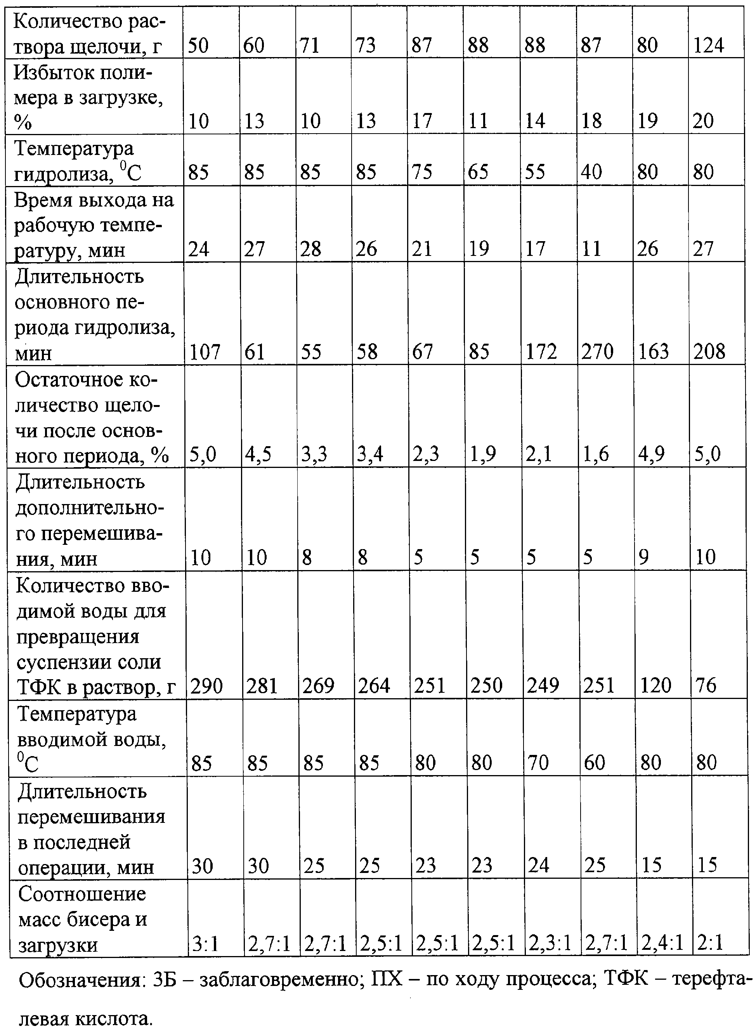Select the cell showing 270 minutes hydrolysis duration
click(597, 351)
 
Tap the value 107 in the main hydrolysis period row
click(205, 351)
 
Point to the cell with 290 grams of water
click(206, 686)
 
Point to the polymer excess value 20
click(703, 121)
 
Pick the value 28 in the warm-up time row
click(311, 249)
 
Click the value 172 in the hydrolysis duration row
click(541, 351)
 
